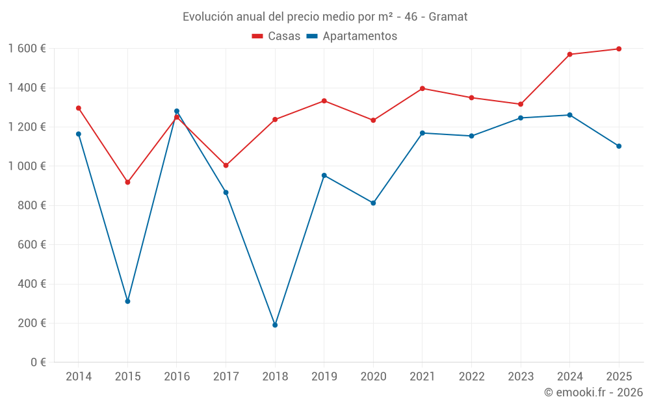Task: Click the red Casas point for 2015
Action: click(127, 183)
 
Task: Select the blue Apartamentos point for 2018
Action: click(275, 325)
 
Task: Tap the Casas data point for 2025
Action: click(619, 49)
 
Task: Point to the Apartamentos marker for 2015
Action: click(127, 301)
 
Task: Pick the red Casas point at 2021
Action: click(422, 88)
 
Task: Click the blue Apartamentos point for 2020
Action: click(373, 203)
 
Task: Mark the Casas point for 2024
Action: click(570, 55)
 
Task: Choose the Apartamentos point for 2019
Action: click(324, 175)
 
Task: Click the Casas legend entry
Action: click(276, 36)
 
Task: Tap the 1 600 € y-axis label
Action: click(27, 49)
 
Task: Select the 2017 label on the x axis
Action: click(226, 377)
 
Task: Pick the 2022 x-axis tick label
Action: click(472, 377)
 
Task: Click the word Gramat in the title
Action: click(448, 17)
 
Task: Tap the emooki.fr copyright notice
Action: click(593, 392)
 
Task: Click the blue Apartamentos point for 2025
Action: click(619, 146)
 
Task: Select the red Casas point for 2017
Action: click(226, 166)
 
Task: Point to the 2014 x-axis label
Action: click(79, 377)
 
